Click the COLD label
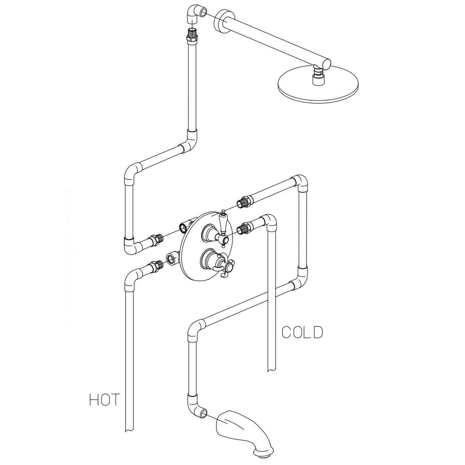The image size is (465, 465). pos(302,332)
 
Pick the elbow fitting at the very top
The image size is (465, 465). pos(194,14)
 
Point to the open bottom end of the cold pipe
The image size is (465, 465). pos(272,370)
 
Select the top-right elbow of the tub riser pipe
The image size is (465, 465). pos(299,182)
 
